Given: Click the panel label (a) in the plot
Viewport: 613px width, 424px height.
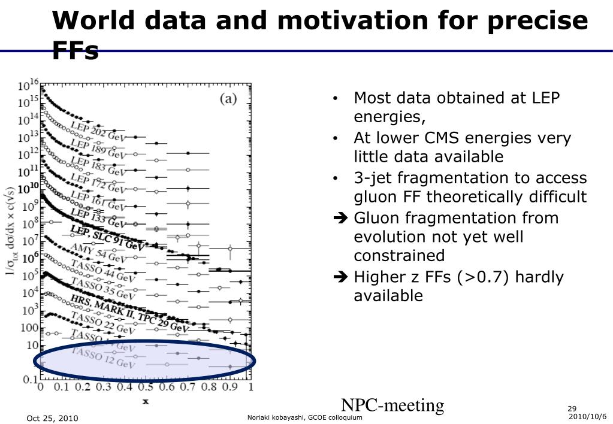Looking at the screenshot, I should [x=228, y=99].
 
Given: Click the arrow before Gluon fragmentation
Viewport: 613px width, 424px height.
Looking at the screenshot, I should [x=341, y=218].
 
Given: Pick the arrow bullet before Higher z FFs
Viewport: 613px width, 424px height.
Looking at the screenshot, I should [x=341, y=277].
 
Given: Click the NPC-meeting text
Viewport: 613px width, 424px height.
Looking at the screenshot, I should [x=392, y=405].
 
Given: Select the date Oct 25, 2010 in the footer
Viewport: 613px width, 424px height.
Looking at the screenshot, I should [x=52, y=418].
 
